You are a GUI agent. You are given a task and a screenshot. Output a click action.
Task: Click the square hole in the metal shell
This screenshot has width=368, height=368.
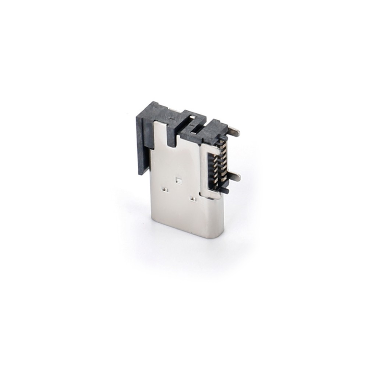pyautogui.click(x=179, y=180)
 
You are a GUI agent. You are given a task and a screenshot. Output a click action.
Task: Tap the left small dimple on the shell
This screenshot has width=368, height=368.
pyautogui.click(x=165, y=190)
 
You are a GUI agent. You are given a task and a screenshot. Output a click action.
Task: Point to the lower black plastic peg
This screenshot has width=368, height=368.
pyautogui.click(x=225, y=191)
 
